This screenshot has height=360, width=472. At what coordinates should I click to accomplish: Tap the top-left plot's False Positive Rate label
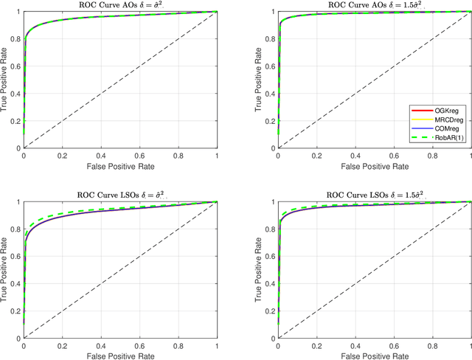tap(121, 167)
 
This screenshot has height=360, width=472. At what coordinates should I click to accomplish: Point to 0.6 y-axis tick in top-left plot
tap(15, 66)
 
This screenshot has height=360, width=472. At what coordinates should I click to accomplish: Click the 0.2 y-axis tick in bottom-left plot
tap(15, 311)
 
